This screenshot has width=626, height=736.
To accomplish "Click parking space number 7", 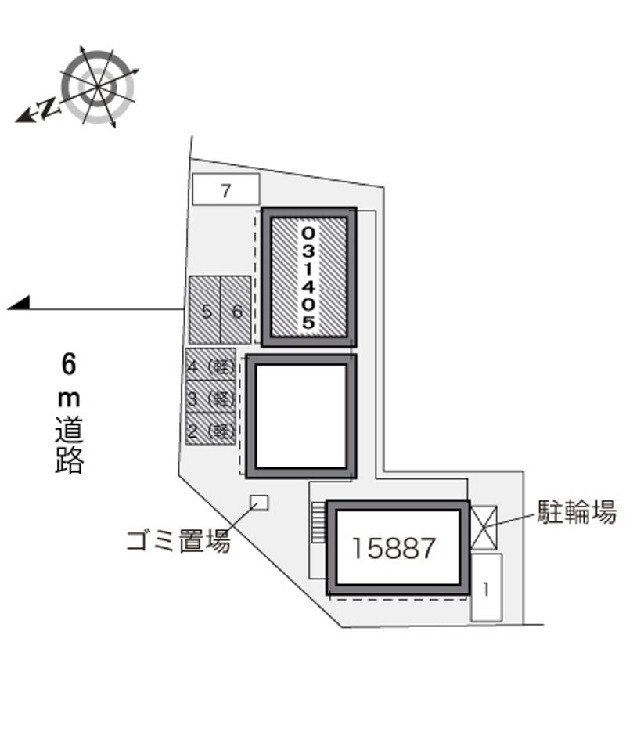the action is coord(225,189).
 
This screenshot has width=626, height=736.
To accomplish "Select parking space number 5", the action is coord(204,310).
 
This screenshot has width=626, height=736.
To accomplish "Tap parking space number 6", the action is coord(236,310).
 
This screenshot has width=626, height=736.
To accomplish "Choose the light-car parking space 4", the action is coord(210,364).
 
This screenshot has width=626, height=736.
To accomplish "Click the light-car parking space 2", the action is coord(210,428).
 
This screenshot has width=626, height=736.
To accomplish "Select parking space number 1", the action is coord(487,588).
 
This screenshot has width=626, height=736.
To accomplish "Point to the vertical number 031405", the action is coord(308,277).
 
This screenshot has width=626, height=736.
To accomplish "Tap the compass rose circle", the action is coord(98,88).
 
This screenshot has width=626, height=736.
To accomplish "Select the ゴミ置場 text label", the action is coord(178,541).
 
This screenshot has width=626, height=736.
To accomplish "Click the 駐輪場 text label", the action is coord(577,511).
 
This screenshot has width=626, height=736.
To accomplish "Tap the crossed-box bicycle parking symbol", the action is coord(484,527).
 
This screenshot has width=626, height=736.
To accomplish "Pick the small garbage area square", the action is coord(259,502).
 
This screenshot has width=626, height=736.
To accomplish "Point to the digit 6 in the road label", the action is coord(69,364).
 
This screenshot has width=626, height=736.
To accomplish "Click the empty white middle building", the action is coord(300,417).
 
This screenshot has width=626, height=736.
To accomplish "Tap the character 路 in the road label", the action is coord(70,460).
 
